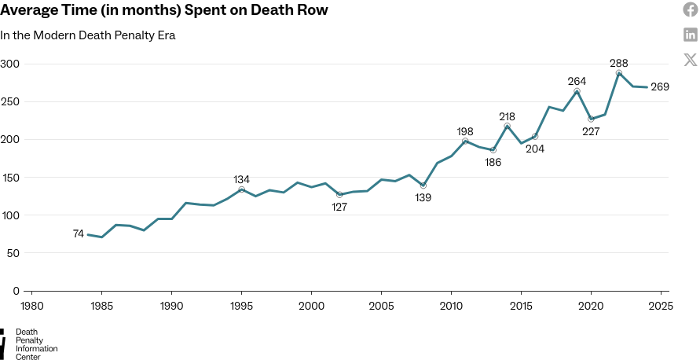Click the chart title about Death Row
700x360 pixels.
click(164, 11)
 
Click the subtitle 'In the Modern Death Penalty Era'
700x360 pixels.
click(87, 35)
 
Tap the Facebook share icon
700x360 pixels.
click(691, 10)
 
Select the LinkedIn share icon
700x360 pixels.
click(691, 35)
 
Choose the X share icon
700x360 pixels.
click(691, 59)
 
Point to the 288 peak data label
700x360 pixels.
click(619, 63)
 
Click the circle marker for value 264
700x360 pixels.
click(577, 91)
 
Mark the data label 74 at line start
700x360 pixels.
click(79, 234)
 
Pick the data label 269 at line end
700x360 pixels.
click(660, 87)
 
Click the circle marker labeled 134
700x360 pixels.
click(242, 189)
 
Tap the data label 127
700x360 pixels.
click(339, 208)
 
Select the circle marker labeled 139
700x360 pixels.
click(423, 186)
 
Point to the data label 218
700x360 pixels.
click(508, 116)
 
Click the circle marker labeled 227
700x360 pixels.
click(591, 119)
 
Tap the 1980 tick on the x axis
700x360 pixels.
click(32, 306)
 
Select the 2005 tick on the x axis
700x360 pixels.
click(381, 306)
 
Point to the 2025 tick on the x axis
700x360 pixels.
click(660, 306)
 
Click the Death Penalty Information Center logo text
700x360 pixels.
click(36, 344)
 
